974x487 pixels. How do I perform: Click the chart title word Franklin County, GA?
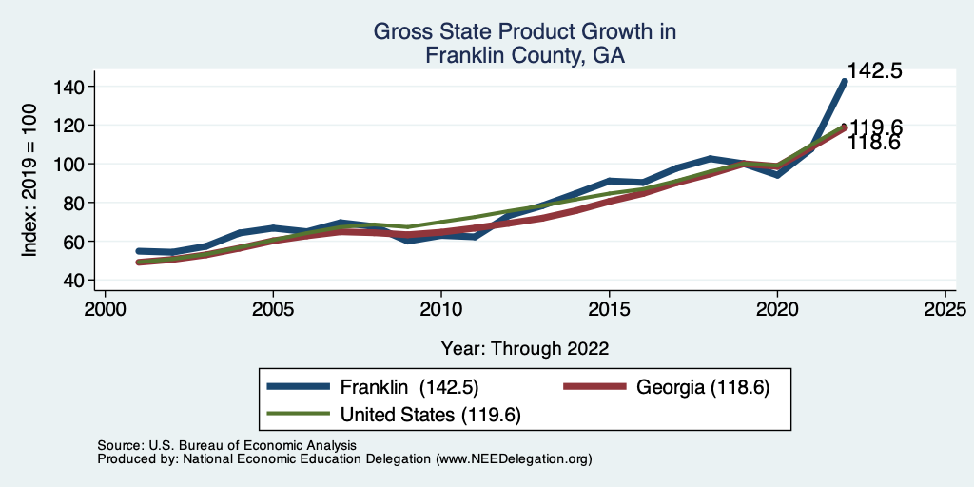[524, 55]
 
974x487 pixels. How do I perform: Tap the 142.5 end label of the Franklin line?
[874, 71]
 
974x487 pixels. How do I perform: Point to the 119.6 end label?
[876, 127]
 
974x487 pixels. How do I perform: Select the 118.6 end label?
[874, 143]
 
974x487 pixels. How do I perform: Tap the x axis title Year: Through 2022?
[524, 347]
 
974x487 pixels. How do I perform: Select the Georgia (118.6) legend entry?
[703, 387]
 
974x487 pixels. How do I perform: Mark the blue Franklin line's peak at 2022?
[844, 82]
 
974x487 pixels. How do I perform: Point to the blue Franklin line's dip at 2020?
[777, 175]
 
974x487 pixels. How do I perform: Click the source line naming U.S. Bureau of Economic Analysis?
[226, 445]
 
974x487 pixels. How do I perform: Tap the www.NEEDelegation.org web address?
[514, 458]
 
